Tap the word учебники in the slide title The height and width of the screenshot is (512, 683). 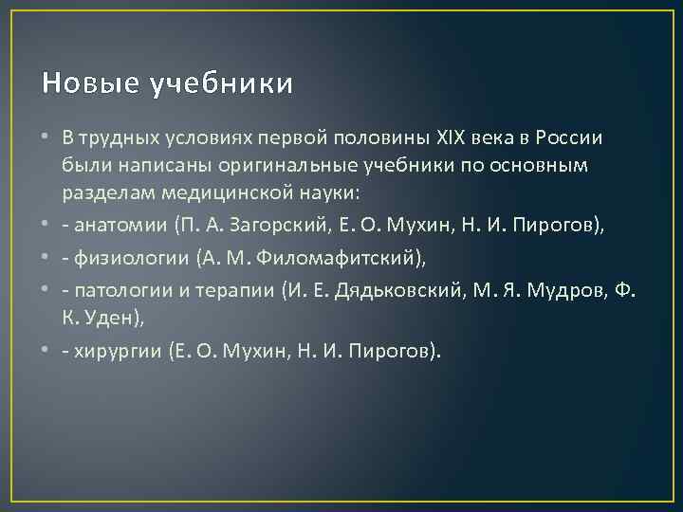(221, 84)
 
